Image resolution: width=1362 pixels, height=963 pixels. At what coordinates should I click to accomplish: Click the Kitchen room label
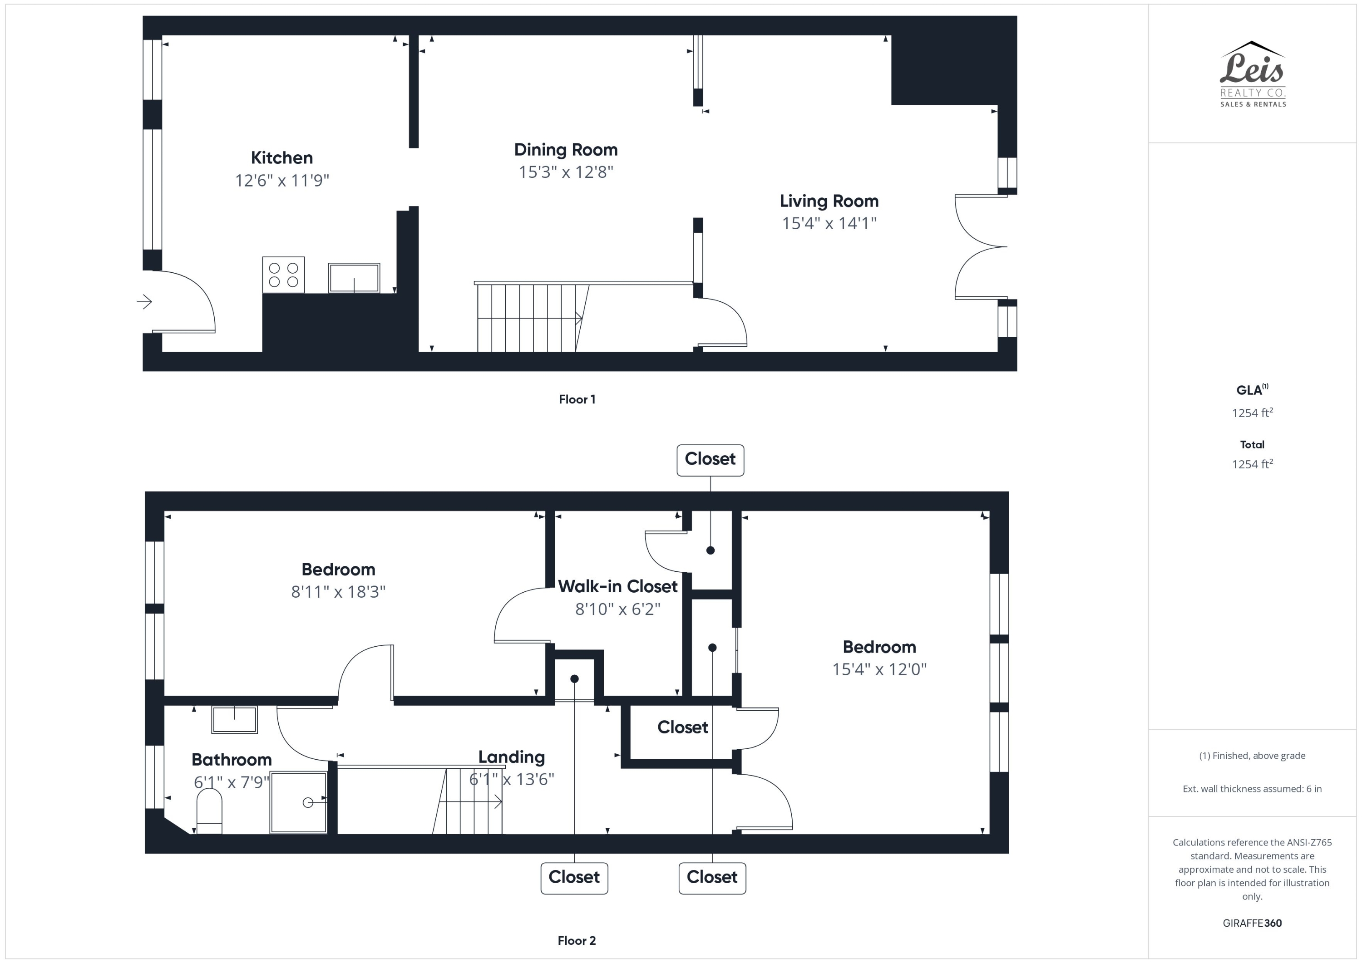(282, 158)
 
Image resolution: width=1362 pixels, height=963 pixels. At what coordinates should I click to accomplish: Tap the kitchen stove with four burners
(284, 275)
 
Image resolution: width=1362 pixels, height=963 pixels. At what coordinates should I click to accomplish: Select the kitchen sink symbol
(354, 278)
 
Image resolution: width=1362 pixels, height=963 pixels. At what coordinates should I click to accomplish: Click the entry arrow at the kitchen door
(144, 302)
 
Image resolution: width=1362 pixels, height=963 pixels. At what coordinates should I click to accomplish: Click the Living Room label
(829, 201)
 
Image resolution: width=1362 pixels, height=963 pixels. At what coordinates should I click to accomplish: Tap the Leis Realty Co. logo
(1252, 74)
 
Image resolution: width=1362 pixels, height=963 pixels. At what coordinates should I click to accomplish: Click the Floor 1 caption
(577, 399)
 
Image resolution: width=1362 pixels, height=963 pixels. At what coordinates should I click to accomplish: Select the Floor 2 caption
(577, 940)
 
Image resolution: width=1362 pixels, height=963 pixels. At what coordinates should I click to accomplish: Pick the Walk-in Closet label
(617, 586)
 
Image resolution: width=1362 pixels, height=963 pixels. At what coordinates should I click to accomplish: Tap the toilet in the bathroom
(209, 812)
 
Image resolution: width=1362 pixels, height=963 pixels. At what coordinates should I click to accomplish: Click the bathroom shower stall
(298, 802)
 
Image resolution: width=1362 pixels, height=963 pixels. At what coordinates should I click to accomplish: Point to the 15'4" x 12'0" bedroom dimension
(879, 669)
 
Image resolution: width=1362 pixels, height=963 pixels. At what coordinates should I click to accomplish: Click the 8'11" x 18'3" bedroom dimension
(338, 591)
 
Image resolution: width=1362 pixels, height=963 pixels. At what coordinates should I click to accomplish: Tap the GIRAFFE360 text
(1252, 923)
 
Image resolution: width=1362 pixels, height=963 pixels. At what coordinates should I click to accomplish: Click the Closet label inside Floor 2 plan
(682, 727)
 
